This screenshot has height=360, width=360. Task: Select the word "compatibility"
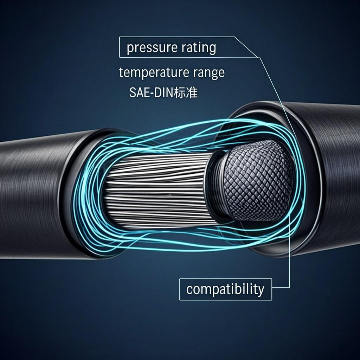[x=225, y=289]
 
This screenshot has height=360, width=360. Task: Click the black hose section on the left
[x=35, y=197]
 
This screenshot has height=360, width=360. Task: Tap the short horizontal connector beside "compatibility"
[x=281, y=287]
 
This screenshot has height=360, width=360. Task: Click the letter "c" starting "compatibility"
[x=189, y=290]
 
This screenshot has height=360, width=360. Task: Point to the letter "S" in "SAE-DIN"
[x=132, y=93]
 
